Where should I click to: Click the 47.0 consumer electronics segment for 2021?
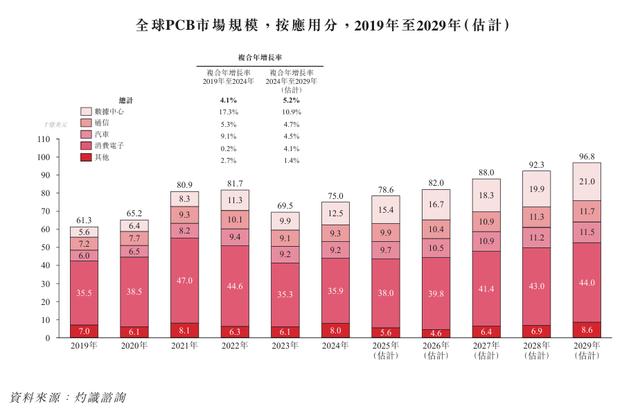click(x=185, y=281)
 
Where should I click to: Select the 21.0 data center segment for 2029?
click(x=587, y=182)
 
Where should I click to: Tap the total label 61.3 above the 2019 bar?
click(x=84, y=220)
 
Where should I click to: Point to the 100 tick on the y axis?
click(x=44, y=157)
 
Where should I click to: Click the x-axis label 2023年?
click(x=285, y=345)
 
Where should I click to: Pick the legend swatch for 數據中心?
click(x=86, y=112)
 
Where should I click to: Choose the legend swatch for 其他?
click(x=86, y=158)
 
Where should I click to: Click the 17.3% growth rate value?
click(x=229, y=112)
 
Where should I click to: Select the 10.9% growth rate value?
click(x=291, y=112)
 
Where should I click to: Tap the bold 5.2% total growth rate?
click(x=291, y=100)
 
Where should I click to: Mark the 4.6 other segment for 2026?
click(x=436, y=333)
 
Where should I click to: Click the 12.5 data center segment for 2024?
click(x=336, y=213)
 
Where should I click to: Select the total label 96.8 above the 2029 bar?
click(x=587, y=157)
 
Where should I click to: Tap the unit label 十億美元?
click(x=55, y=124)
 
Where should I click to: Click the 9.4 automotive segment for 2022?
click(x=235, y=237)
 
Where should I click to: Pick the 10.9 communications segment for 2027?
click(x=486, y=222)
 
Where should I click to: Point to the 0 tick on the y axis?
click(x=48, y=338)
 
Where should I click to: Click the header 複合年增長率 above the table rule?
click(x=260, y=58)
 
